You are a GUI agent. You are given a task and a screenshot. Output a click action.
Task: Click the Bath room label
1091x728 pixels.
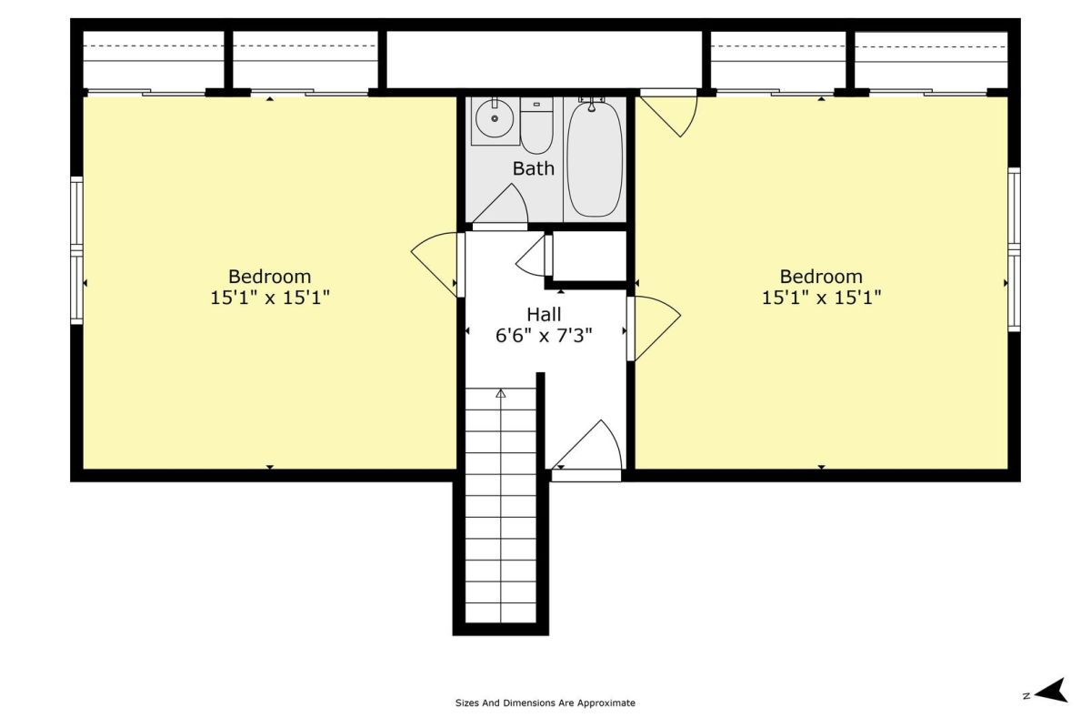tap(534, 168)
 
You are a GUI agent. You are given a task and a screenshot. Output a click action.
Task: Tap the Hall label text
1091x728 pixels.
tap(544, 315)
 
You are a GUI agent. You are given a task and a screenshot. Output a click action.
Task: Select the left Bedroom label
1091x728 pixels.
tap(269, 277)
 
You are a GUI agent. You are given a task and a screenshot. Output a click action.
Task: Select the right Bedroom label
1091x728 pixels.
tap(821, 277)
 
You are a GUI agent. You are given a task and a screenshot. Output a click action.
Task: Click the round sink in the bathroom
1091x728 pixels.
tap(495, 118)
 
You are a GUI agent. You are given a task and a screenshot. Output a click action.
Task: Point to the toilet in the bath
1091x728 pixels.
tap(536, 126)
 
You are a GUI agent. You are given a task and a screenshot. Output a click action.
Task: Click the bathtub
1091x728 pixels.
tap(595, 157)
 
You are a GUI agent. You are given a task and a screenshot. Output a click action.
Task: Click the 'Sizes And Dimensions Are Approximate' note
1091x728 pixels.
tap(545, 703)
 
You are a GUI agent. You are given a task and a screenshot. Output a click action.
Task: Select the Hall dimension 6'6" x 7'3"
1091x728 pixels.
tap(544, 336)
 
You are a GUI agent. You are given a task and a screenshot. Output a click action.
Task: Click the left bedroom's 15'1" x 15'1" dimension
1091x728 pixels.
tap(270, 298)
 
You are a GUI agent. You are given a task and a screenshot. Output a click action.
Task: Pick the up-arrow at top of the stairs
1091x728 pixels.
tap(501, 393)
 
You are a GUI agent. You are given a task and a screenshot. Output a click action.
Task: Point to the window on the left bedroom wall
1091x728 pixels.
tap(77, 250)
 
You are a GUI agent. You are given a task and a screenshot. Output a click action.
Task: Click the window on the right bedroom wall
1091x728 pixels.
tap(1014, 249)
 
